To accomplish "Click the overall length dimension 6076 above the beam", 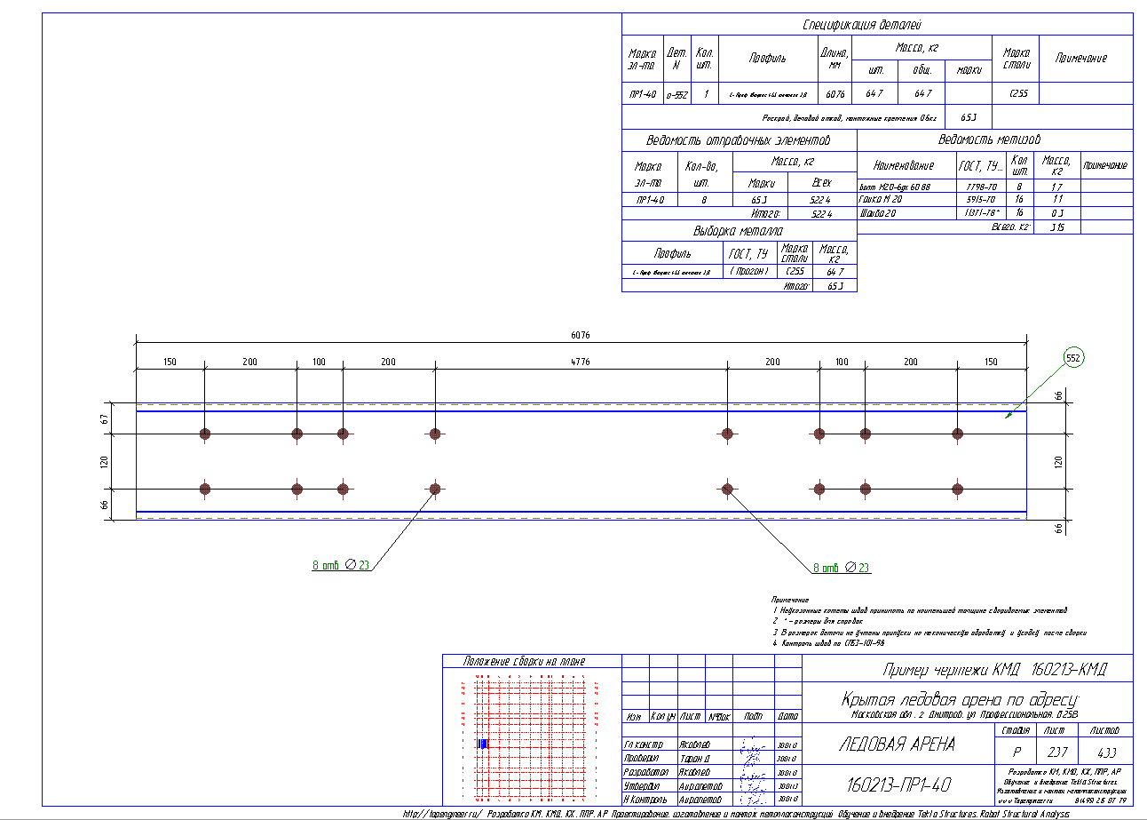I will [x=581, y=335].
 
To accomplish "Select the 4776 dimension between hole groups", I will [x=581, y=362].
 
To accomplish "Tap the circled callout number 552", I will [x=1074, y=357].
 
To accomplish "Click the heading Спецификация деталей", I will [x=875, y=25].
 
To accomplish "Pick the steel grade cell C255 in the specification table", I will [x=1018, y=93].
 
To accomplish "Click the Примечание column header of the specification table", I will [x=1080, y=58].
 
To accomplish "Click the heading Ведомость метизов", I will [x=990, y=139].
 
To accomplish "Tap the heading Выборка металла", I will [x=739, y=231].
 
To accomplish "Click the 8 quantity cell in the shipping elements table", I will [x=704, y=200].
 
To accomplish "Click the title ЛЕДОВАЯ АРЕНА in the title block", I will [x=897, y=744].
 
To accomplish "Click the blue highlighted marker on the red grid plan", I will [x=482, y=743].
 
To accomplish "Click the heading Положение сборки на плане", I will [x=525, y=661].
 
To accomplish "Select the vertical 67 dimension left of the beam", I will [x=105, y=418].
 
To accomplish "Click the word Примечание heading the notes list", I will [x=789, y=601].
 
